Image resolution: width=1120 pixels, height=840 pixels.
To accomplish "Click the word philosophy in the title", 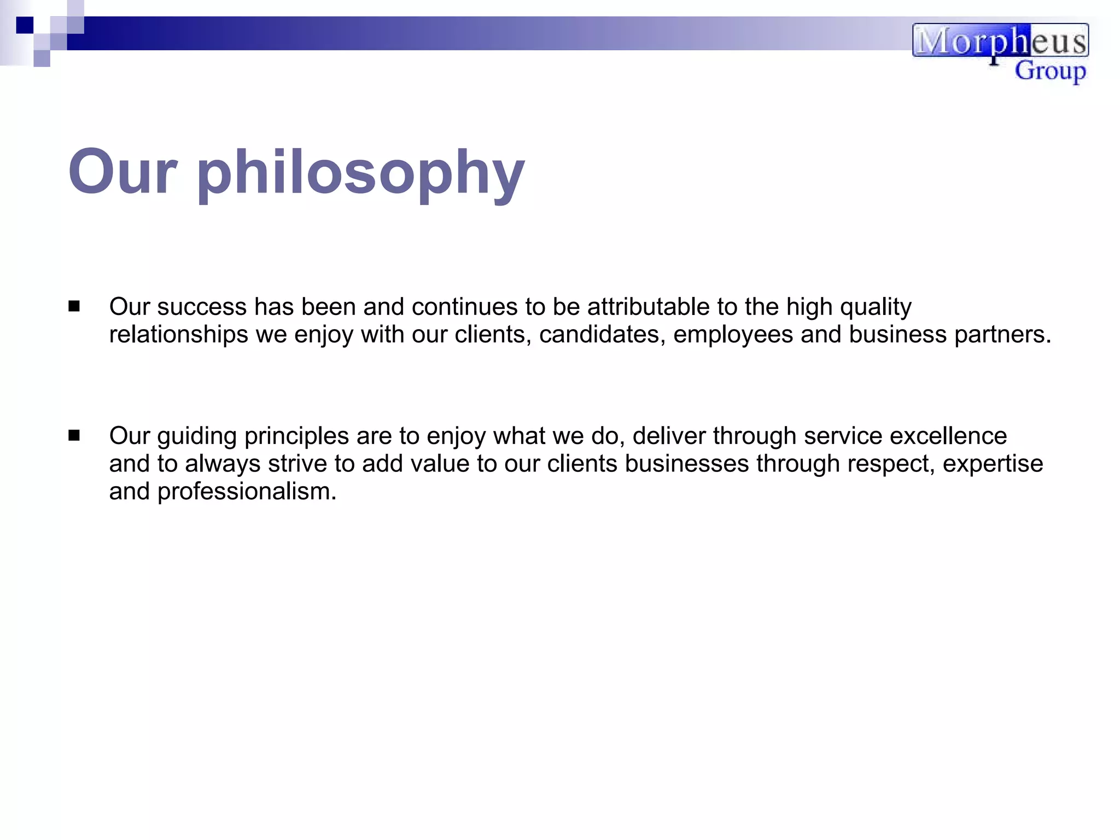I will click(361, 174).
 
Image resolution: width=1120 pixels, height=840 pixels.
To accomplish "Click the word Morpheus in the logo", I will click(1000, 41).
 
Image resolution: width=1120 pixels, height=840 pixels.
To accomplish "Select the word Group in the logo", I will click(1050, 72).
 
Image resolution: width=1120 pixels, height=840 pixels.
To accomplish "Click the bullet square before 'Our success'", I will click(74, 306).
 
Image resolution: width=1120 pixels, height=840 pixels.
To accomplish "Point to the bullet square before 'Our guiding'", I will click(74, 435).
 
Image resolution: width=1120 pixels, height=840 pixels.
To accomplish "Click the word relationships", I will click(178, 335).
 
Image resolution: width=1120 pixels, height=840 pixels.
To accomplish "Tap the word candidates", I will click(602, 335).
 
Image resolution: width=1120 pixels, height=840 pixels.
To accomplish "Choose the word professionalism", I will click(247, 492).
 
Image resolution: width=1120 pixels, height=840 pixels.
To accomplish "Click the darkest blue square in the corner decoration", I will click(25, 25).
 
